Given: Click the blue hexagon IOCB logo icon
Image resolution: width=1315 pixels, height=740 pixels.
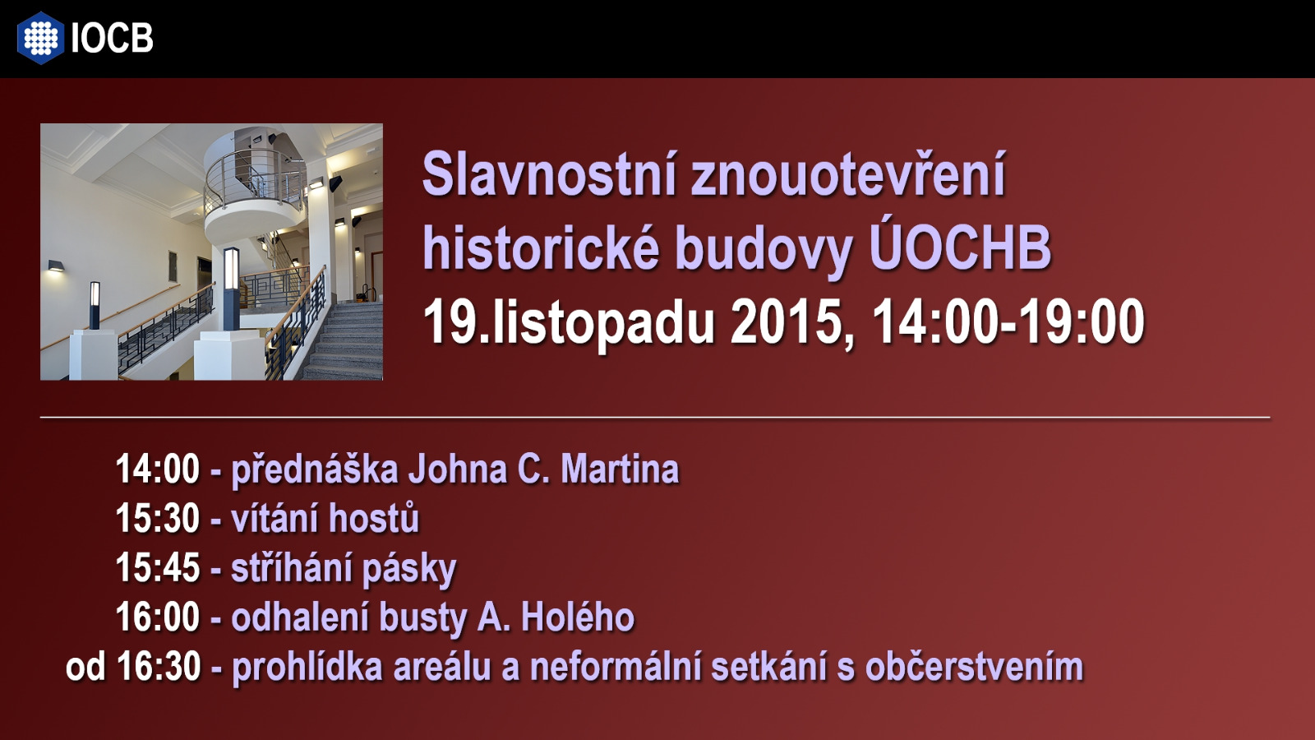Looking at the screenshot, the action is [x=40, y=38].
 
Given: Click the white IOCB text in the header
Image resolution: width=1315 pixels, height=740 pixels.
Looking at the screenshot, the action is [x=112, y=38].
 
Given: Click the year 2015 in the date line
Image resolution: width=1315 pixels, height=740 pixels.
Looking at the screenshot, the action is [x=787, y=321].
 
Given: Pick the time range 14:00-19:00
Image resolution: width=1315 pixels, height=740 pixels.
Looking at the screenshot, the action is [x=1008, y=321].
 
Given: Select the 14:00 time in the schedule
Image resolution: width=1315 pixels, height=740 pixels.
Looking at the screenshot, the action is [x=158, y=469].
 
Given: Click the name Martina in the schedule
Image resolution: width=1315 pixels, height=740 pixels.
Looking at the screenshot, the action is [x=620, y=469].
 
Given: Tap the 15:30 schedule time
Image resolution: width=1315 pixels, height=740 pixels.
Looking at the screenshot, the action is [x=158, y=518].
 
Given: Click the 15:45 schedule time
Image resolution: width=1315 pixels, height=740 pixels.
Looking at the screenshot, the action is [x=158, y=567].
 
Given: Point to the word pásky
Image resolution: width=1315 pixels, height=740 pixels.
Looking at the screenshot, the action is [x=409, y=568].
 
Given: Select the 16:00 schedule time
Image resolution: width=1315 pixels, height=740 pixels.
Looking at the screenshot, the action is [x=158, y=617].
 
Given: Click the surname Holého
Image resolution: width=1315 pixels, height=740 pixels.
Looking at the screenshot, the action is [x=578, y=617].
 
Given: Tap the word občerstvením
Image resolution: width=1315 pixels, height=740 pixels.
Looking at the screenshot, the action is [x=974, y=667].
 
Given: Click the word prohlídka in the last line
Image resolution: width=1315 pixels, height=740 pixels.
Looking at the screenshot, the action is [x=307, y=668].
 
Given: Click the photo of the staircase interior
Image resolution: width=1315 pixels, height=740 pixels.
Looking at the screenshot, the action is [x=211, y=252].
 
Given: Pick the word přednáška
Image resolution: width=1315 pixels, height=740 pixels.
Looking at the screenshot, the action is [x=316, y=469].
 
